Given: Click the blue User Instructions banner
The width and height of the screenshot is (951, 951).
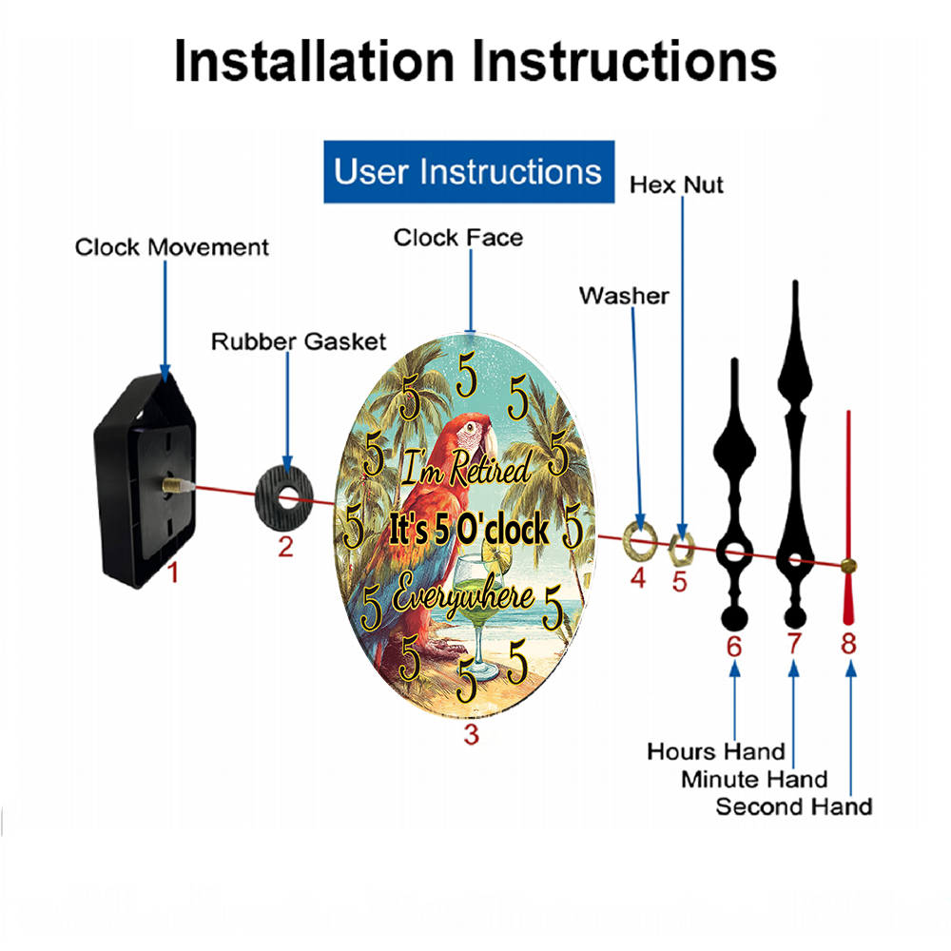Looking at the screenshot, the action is coord(469,171).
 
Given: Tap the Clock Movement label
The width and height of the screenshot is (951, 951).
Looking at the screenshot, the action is coord(171,247).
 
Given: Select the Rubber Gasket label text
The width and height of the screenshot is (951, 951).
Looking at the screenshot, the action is coord(299,341).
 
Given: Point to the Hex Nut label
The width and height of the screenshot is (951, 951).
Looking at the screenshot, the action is coord(676,185).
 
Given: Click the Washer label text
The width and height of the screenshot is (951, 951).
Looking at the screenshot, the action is coord(624,296).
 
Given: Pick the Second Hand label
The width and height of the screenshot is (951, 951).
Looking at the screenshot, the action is coord(794,806).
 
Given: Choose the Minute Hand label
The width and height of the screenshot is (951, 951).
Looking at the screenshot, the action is coord(754,779).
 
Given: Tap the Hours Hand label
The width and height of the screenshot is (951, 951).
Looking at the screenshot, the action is coord(716,751).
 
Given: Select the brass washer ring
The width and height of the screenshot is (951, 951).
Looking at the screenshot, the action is coord(640,540).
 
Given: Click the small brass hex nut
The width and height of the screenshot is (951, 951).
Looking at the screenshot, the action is coord(681,549).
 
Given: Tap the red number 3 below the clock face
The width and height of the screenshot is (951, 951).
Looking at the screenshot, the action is coord(472,734).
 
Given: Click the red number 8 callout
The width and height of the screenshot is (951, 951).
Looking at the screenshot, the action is coord(848,643).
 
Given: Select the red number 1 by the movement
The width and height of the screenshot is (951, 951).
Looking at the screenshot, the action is coord(173,573).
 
